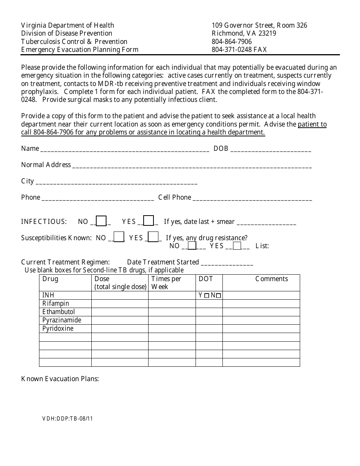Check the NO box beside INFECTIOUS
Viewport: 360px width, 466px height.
click(x=101, y=221)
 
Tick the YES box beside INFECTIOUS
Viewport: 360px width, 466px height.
click(x=149, y=221)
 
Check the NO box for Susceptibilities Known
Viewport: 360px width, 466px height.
click(x=119, y=237)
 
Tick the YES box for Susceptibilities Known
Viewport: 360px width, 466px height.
click(x=153, y=237)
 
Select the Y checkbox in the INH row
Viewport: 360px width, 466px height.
click(x=207, y=296)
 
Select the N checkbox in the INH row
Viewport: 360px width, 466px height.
click(x=219, y=296)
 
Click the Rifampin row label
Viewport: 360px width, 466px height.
click(x=56, y=303)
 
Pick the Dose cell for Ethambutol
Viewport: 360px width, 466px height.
click(x=120, y=312)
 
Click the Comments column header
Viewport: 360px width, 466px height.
click(x=271, y=279)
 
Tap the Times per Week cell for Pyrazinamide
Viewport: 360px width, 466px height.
click(x=172, y=320)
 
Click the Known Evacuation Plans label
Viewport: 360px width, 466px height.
click(x=60, y=379)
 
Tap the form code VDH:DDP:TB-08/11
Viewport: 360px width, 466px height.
click(x=67, y=419)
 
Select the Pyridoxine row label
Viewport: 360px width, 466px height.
click(x=58, y=328)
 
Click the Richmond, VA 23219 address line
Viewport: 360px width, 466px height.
click(x=244, y=33)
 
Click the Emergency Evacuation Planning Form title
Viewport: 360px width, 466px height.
click(x=80, y=50)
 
